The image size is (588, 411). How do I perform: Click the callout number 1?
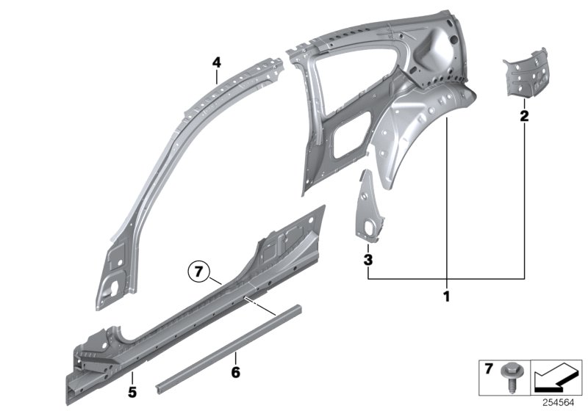click(445, 297)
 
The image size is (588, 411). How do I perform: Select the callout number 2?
click(524, 115)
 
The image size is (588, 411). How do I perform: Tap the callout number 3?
click(368, 259)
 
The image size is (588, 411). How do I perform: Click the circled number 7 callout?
click(197, 272)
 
